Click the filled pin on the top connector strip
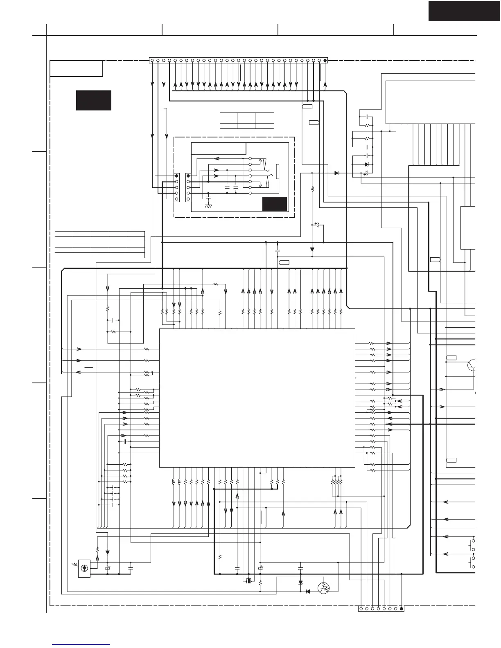(325, 61)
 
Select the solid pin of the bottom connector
(402, 609)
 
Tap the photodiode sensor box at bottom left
(84, 568)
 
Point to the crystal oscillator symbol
(248, 581)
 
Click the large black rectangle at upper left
(94, 100)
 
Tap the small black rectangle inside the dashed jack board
(274, 204)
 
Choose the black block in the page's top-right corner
(464, 11)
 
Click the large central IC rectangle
(257, 397)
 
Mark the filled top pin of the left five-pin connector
(176, 175)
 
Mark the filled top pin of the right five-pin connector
(188, 175)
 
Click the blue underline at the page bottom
(81, 645)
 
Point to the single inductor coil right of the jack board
(312, 189)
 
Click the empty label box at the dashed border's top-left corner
(76, 68)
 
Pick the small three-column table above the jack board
(247, 121)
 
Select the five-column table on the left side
(100, 245)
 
